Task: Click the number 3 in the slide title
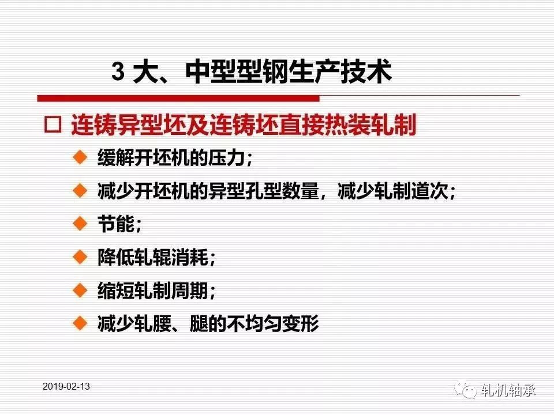tap(118, 71)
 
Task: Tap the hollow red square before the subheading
tap(53, 124)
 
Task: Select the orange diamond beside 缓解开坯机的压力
tap(80, 157)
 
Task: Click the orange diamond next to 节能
tap(80, 224)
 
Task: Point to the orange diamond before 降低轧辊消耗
tap(80, 257)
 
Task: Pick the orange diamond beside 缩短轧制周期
tap(80, 290)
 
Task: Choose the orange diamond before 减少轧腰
tap(80, 323)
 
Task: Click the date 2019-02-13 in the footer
tap(66, 386)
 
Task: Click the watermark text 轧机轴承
tap(508, 390)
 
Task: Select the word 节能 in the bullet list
tap(116, 224)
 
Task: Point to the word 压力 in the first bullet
tap(227, 157)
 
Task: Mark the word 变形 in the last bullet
tap(301, 323)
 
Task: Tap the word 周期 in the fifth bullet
tap(190, 290)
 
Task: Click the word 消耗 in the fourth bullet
tap(190, 257)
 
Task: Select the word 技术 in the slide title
tap(366, 71)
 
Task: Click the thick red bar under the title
tap(178, 98)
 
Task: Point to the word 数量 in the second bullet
tap(301, 191)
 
